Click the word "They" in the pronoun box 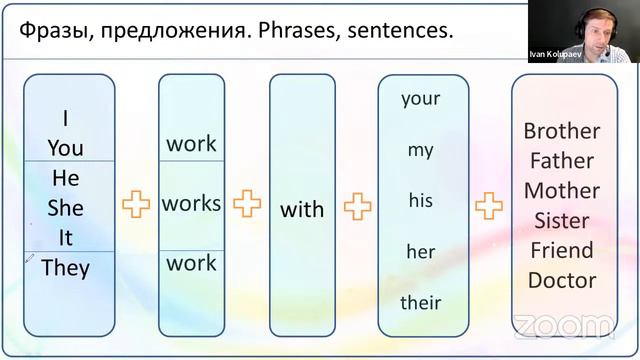[66, 267]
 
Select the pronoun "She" [66, 208]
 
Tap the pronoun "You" [66, 148]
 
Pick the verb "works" [191, 203]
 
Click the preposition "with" [302, 209]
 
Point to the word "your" [420, 98]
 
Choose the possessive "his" [420, 200]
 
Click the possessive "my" [420, 150]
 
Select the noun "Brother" [562, 131]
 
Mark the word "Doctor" [562, 280]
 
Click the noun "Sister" [562, 220]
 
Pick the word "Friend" [562, 250]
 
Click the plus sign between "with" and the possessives [357, 207]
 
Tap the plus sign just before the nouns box [489, 207]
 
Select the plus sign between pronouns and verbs [136, 205]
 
